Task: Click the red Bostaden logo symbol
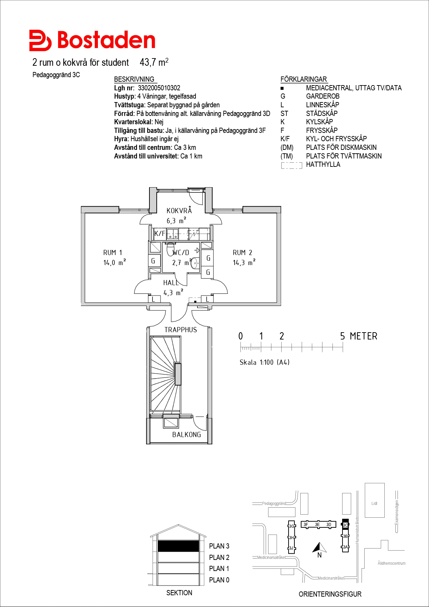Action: (40, 40)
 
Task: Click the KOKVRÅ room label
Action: (179, 210)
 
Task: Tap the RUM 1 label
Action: (112, 253)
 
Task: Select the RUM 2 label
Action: (242, 253)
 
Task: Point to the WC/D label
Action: (181, 253)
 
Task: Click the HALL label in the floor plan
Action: (171, 283)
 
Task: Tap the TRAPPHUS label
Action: (181, 330)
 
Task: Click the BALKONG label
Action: (186, 435)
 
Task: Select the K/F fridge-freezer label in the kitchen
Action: (160, 234)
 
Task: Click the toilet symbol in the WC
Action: (171, 249)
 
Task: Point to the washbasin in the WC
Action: (195, 263)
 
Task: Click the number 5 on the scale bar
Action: (343, 336)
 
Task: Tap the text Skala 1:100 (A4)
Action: (265, 362)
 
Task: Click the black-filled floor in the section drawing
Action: (179, 546)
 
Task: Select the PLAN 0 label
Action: (219, 580)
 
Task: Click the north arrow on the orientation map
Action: (320, 547)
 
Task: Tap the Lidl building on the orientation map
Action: (375, 500)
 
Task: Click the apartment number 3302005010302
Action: (159, 88)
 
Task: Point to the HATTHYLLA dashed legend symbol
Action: (292, 165)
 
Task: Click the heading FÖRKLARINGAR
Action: (303, 79)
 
